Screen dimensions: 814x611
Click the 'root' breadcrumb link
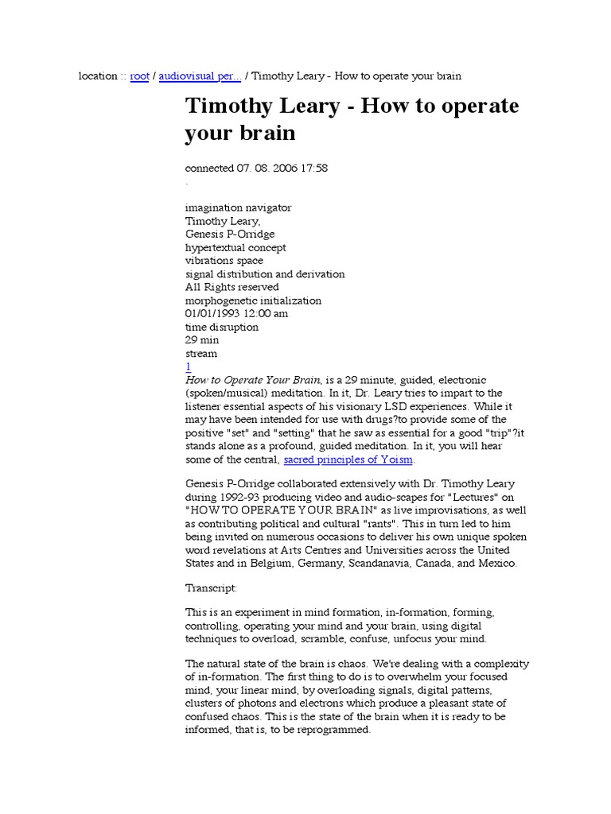point(139,76)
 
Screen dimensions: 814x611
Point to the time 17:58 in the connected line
point(312,168)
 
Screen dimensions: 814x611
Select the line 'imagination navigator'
point(238,207)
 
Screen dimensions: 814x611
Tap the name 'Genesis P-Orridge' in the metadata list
point(230,234)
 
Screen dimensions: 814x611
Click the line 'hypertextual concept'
point(235,247)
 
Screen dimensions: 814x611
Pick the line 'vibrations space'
point(224,261)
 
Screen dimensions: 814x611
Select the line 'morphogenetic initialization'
point(253,300)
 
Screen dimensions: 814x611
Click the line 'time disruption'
point(221,327)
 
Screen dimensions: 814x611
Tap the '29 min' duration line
point(202,340)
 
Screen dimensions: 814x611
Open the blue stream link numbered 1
point(189,366)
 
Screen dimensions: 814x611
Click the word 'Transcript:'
point(211,588)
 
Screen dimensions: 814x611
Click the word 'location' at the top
point(98,76)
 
